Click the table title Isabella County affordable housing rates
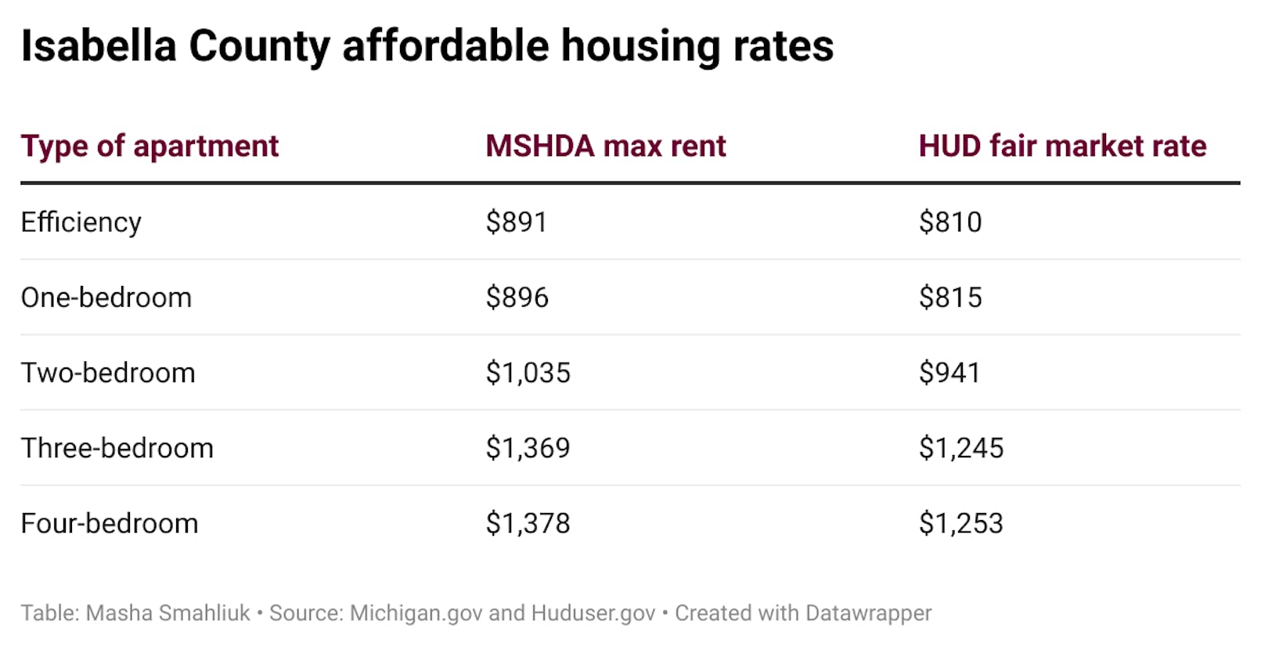pos(427,46)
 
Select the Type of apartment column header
pos(150,146)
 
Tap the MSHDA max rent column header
pos(605,146)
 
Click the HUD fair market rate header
pos(1062,146)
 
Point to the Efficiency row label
pos(81,222)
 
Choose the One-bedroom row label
pos(106,298)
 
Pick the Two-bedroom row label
pos(108,373)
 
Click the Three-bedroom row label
pos(117,448)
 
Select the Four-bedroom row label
pos(110,523)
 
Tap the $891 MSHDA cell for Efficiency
pos(516,222)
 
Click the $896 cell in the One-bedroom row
pos(517,298)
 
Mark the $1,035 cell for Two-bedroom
pos(528,373)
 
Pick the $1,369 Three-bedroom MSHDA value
pos(528,448)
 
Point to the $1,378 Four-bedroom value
pos(528,523)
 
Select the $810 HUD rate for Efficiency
pos(949,222)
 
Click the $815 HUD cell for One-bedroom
pos(949,298)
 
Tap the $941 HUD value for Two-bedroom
pos(949,373)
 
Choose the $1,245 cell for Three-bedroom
pos(960,448)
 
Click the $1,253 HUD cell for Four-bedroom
pos(960,523)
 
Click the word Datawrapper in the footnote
pos(868,613)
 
